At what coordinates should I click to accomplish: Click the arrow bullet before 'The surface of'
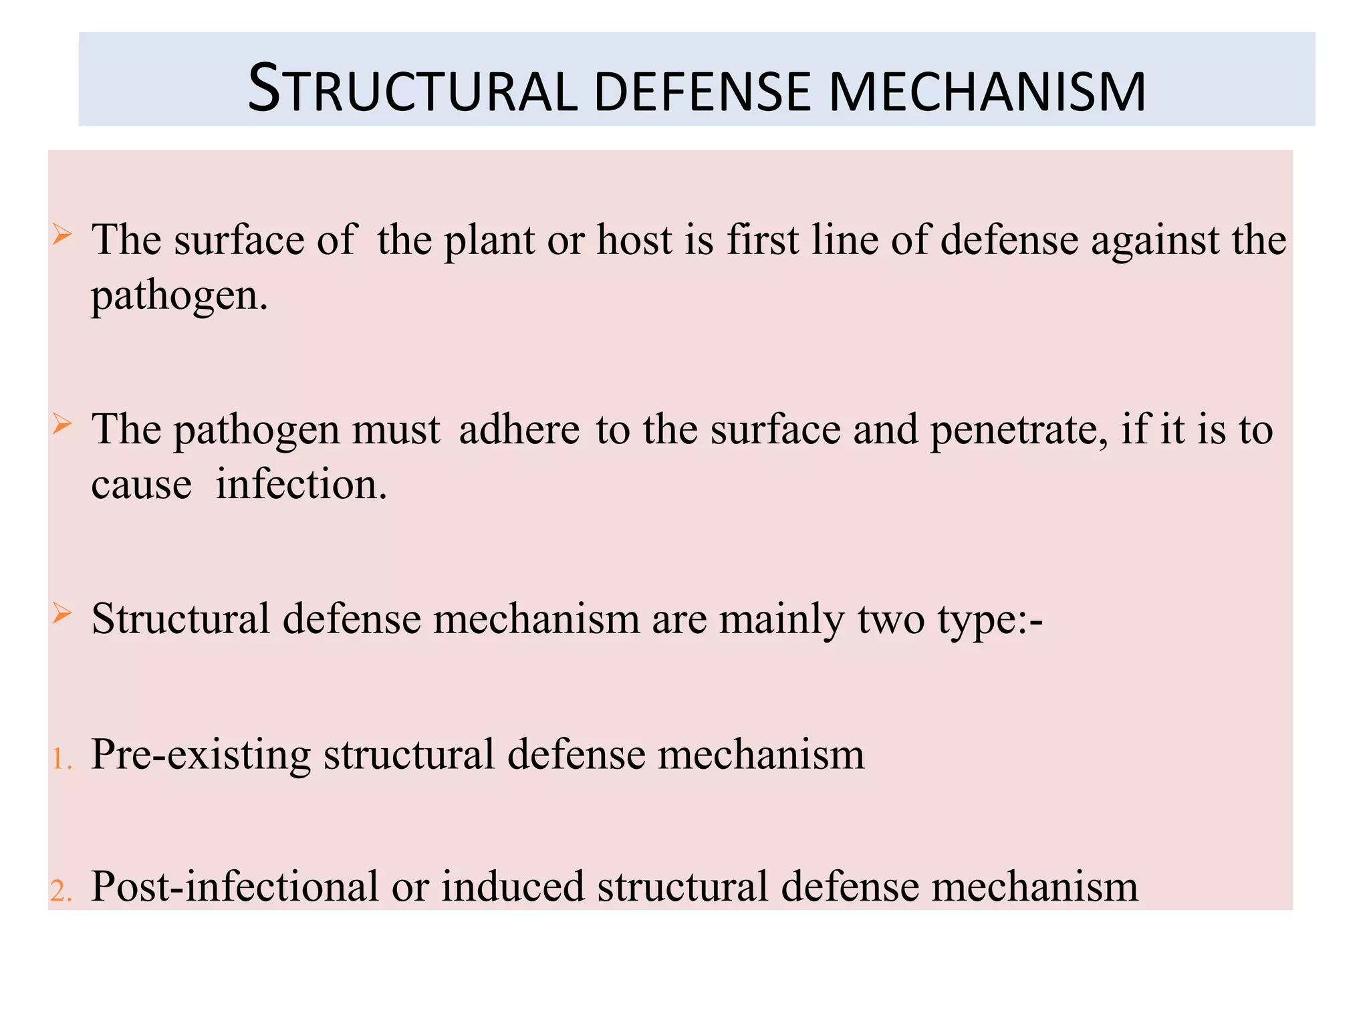[61, 235]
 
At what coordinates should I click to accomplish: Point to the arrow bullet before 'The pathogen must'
[61, 424]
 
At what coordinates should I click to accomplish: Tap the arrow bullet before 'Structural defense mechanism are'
[61, 612]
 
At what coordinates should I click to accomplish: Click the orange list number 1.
[61, 760]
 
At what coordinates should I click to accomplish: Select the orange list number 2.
[61, 891]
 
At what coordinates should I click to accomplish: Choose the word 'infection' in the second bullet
[301, 484]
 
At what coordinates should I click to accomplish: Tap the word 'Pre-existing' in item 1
[201, 755]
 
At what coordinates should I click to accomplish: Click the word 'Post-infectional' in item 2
[235, 887]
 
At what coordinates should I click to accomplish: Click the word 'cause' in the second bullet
[142, 485]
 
